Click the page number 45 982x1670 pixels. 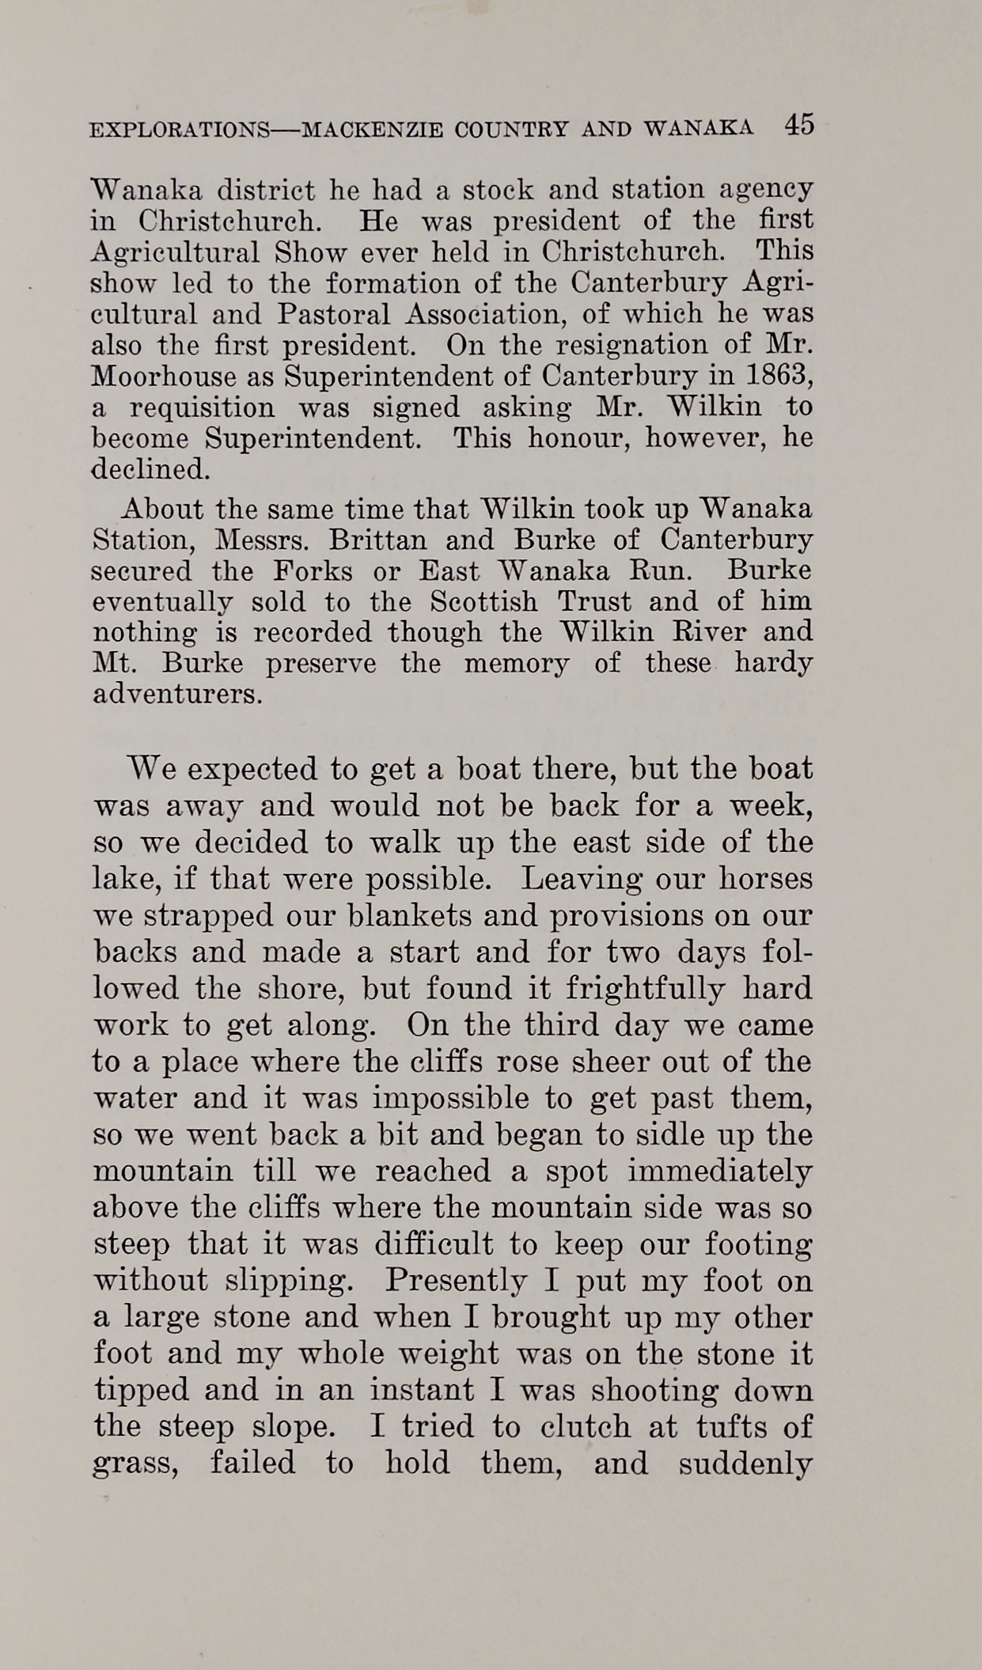click(799, 125)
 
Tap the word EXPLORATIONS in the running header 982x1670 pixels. click(179, 129)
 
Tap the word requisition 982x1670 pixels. click(202, 407)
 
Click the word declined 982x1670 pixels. click(151, 469)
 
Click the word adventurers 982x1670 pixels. click(177, 695)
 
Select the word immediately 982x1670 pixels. click(719, 1171)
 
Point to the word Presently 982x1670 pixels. click(458, 1280)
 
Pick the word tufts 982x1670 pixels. click(726, 1426)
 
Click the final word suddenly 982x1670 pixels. click(745, 1464)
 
